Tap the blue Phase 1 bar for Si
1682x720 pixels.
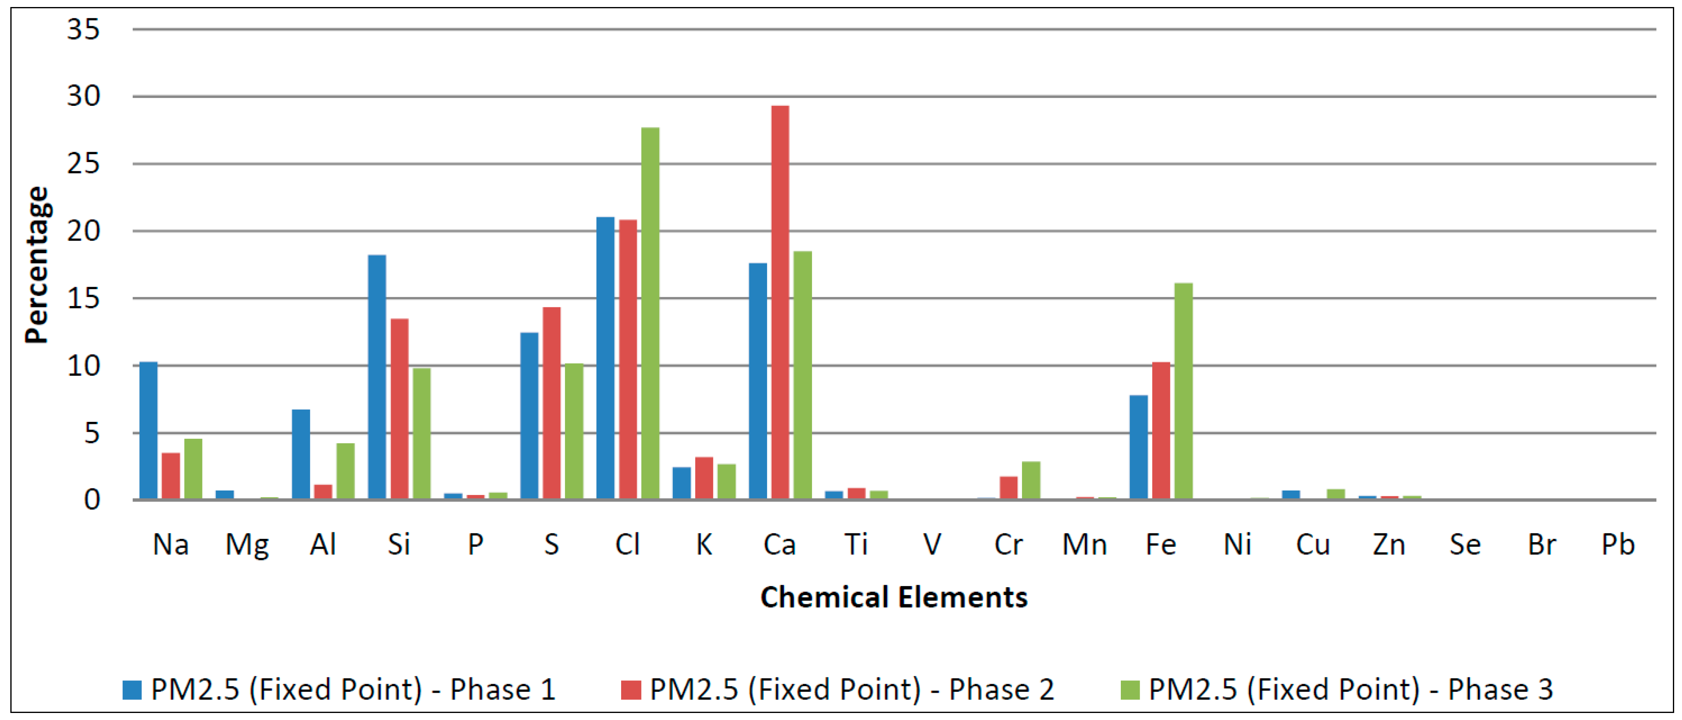(x=377, y=377)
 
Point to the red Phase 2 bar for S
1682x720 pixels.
(x=551, y=403)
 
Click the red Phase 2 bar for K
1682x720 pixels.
(x=704, y=478)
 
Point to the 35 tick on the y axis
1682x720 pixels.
(x=83, y=29)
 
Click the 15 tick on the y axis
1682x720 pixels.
(x=83, y=299)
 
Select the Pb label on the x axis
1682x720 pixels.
(x=1618, y=544)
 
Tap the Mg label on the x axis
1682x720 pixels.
(x=247, y=544)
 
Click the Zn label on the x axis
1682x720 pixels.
(x=1389, y=544)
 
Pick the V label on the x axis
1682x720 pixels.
(x=932, y=544)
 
